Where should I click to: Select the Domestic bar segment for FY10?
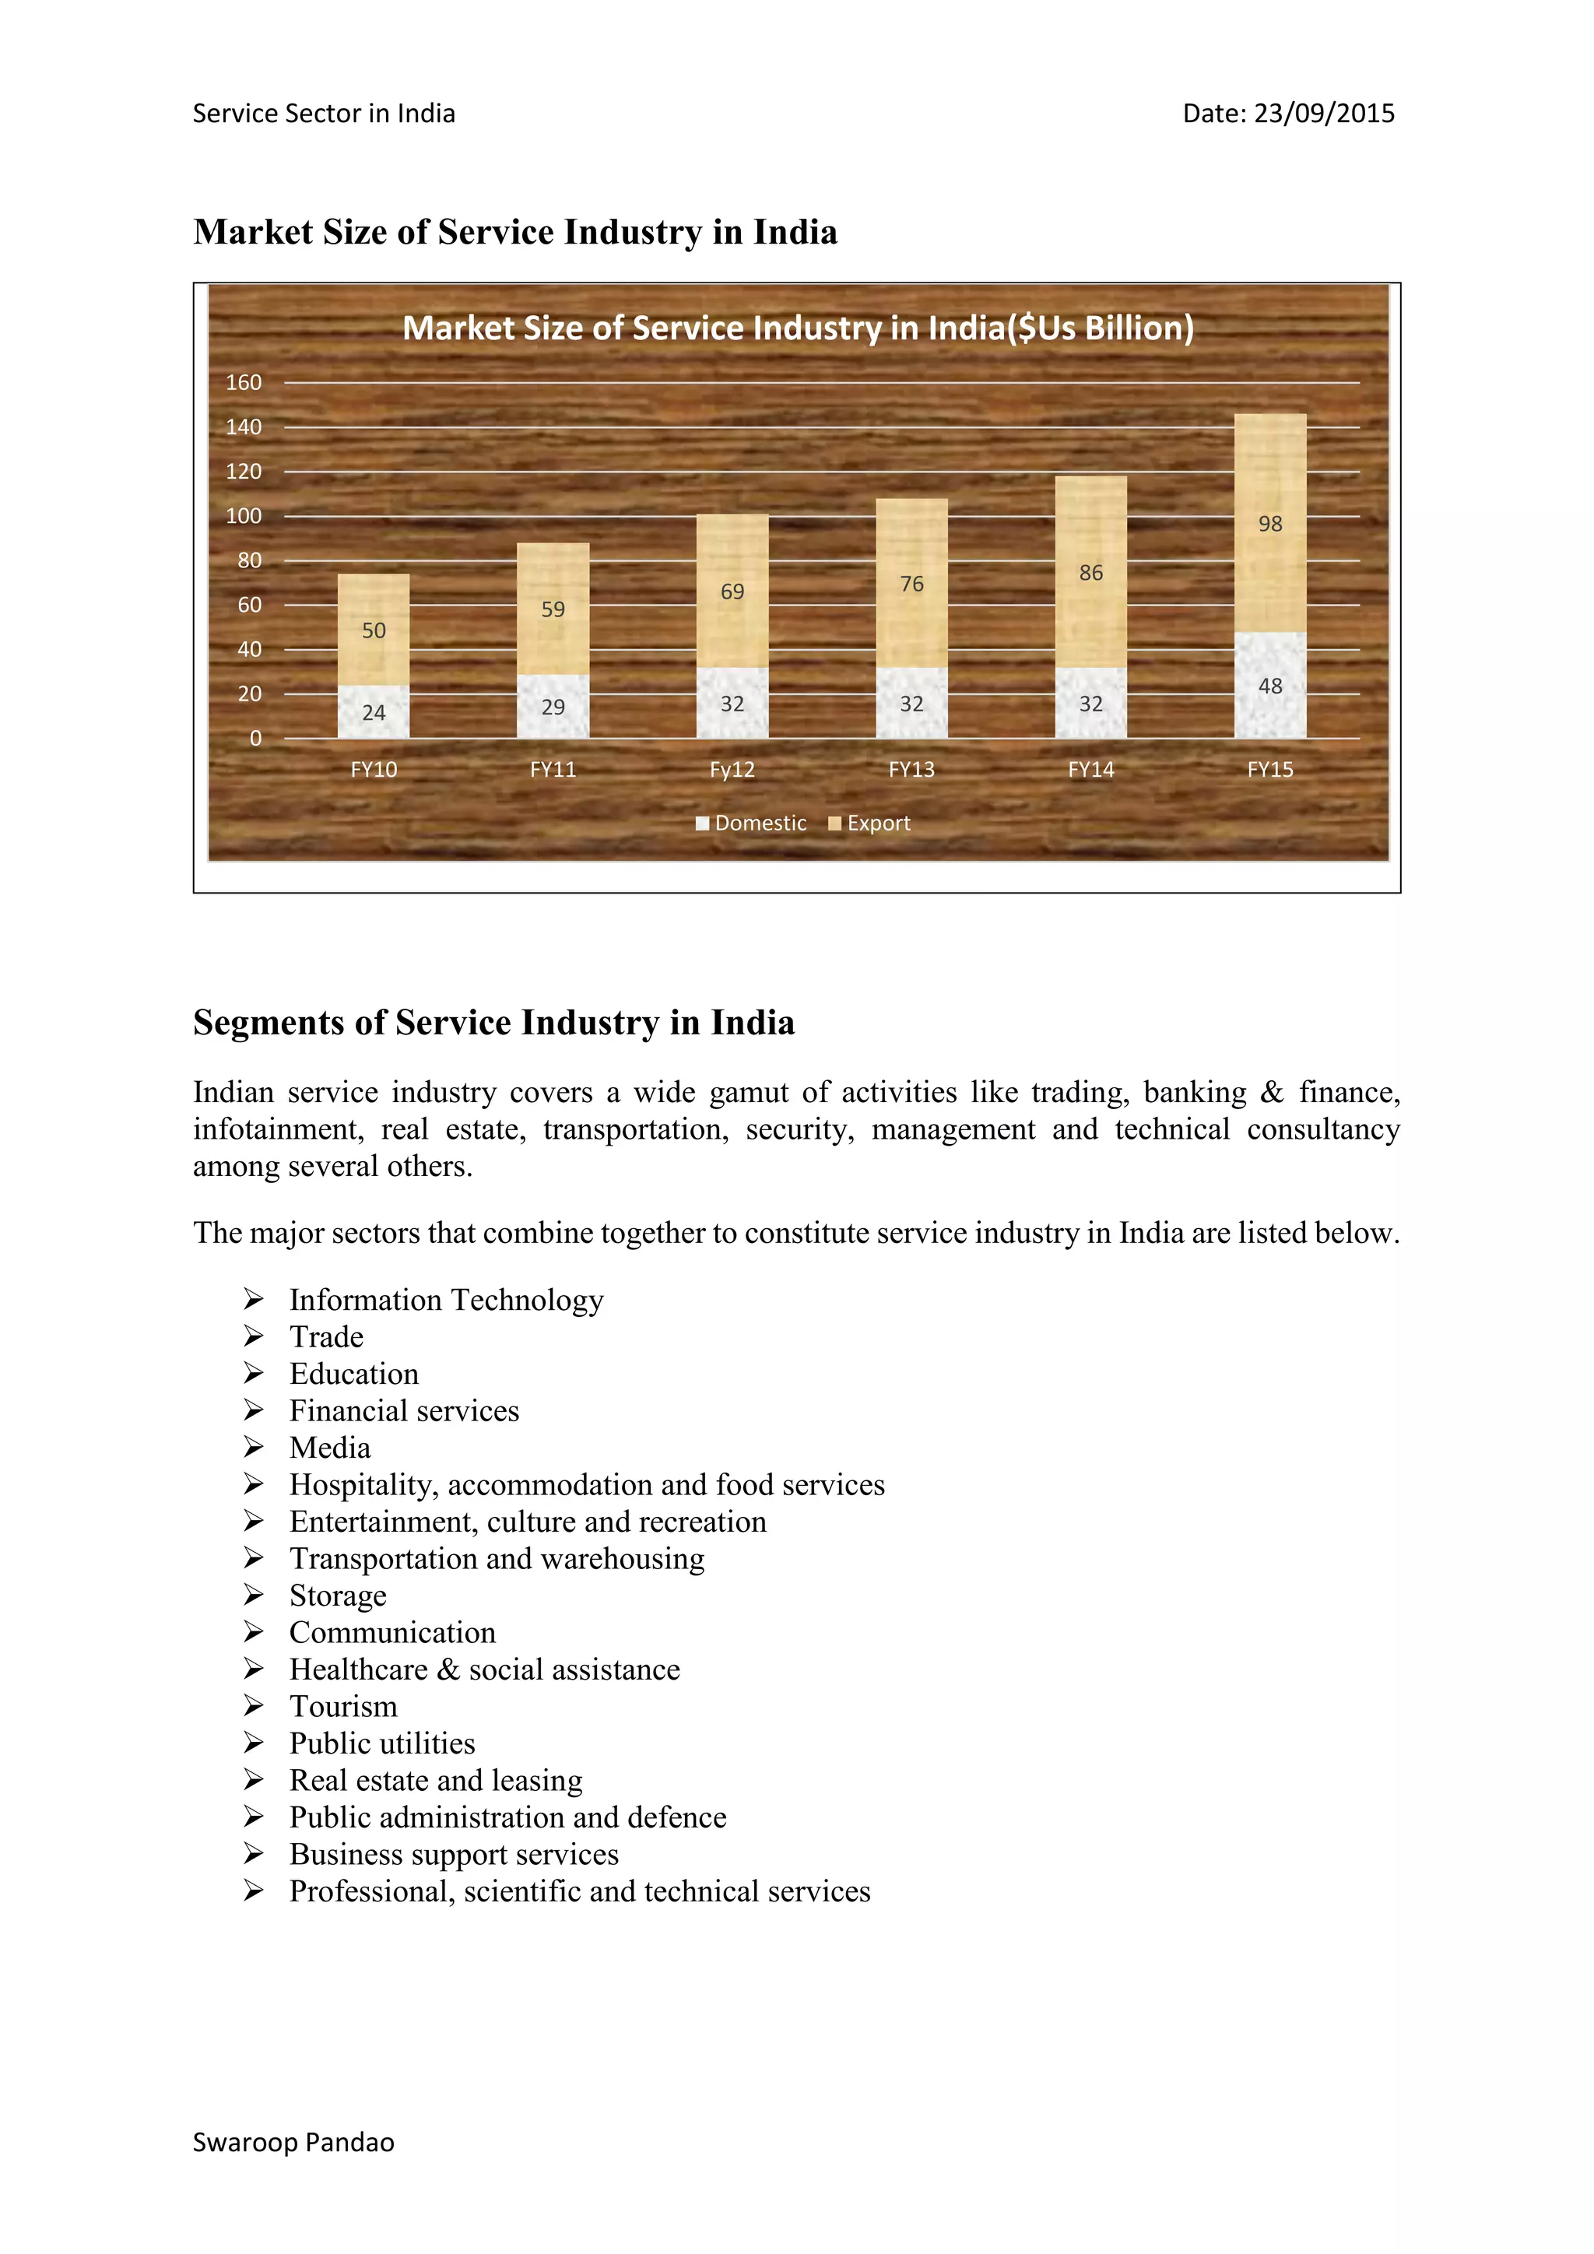[x=373, y=711]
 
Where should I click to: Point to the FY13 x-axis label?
[x=912, y=770]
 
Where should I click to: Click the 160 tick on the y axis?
[x=244, y=383]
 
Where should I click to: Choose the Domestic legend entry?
[x=751, y=823]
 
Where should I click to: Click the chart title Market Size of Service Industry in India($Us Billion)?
[x=798, y=328]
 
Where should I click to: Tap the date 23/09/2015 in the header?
[x=1324, y=114]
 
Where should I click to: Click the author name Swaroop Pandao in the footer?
[x=293, y=2142]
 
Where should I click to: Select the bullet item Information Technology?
[x=446, y=1300]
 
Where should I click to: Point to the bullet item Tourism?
[x=343, y=1706]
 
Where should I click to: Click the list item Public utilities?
[x=382, y=1743]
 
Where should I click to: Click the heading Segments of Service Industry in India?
[x=493, y=1022]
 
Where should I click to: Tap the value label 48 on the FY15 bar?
[x=1270, y=686]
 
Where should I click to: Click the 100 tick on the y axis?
[x=244, y=516]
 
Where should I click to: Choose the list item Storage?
[x=338, y=1596]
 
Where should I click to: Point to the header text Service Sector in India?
[x=324, y=114]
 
